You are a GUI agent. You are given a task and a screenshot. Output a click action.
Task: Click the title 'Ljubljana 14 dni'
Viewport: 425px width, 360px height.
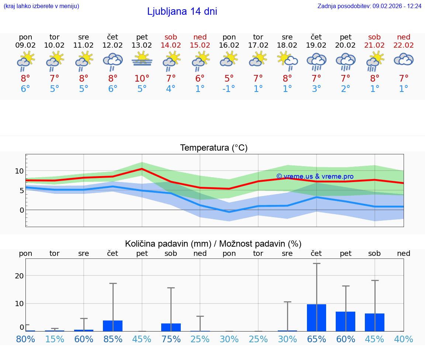[182, 11]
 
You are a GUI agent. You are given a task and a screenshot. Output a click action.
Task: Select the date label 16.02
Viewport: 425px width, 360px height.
[229, 45]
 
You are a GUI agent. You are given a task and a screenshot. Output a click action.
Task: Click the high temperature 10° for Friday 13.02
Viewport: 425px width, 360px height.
[142, 79]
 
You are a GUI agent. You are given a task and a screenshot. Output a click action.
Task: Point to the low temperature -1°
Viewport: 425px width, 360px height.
[229, 89]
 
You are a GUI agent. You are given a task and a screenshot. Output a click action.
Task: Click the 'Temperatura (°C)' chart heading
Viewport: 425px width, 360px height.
[214, 148]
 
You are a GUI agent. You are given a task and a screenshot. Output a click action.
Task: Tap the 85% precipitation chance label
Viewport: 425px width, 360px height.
[113, 339]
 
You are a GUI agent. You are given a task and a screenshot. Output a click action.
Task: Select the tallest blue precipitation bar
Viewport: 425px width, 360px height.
[317, 318]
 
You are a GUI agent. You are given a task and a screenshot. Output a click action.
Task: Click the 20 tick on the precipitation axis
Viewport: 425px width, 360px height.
[19, 276]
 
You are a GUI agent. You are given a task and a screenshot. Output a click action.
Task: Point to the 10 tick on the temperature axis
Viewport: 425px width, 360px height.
[19, 171]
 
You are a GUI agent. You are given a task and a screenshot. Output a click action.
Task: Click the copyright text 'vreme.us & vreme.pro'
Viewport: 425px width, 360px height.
[315, 176]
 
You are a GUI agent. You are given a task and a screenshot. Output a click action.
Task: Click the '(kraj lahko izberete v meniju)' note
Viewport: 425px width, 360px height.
[41, 6]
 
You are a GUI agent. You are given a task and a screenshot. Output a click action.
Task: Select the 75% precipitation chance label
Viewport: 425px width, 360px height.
[171, 339]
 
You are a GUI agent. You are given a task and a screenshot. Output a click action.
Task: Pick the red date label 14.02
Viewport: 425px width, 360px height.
[171, 45]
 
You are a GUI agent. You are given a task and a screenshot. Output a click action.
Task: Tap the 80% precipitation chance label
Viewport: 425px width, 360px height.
[26, 339]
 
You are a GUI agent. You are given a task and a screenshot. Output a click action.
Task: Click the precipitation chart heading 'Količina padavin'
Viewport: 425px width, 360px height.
[213, 244]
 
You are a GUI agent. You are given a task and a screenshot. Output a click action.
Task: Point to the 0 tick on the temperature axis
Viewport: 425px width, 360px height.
[21, 210]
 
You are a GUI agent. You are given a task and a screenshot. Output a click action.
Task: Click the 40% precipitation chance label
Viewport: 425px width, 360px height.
[404, 339]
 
